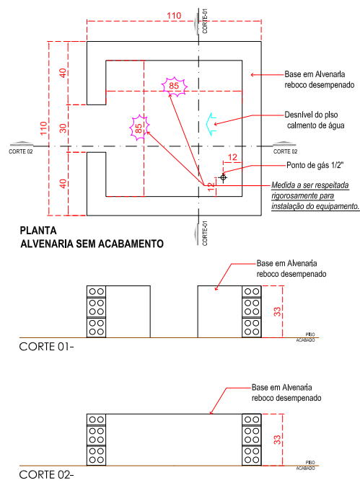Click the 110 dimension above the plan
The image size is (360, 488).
[174, 16]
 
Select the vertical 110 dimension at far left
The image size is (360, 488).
[43, 128]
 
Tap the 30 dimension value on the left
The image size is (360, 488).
[63, 128]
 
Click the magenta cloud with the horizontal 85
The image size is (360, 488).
[174, 86]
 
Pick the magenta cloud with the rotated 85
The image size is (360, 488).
[139, 128]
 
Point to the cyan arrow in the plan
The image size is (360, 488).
[211, 124]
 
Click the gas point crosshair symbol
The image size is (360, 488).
[223, 177]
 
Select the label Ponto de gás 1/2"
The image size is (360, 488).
[315, 165]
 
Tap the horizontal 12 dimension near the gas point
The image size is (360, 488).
[232, 157]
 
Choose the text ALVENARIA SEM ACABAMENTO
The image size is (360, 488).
[92, 244]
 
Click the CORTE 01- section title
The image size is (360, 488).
[46, 347]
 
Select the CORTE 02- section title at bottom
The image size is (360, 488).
[46, 474]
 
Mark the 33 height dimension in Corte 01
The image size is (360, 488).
[277, 311]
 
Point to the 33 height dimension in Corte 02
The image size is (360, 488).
[277, 440]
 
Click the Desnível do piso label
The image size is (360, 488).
[311, 115]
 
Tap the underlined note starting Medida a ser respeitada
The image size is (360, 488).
[315, 196]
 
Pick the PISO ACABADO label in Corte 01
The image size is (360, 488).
[306, 337]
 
